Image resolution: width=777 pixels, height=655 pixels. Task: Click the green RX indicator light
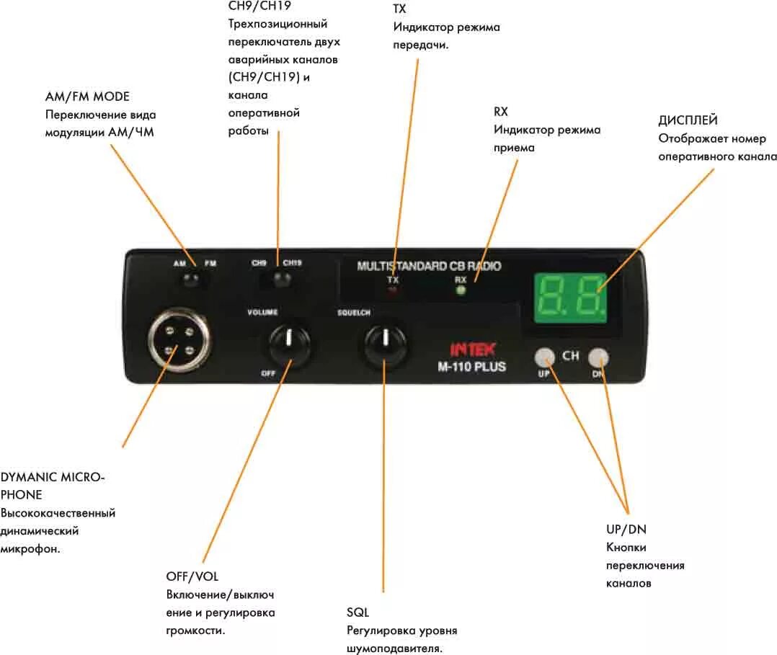tap(461, 290)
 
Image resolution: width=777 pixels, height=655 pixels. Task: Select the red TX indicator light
tap(393, 290)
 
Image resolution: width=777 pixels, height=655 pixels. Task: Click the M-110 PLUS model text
tap(471, 366)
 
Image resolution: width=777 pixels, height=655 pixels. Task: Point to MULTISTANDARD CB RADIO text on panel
tap(429, 266)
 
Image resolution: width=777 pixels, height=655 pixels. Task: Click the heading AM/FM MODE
tap(87, 97)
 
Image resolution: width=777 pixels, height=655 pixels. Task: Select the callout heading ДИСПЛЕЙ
tap(688, 120)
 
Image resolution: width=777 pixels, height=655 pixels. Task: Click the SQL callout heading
tap(358, 612)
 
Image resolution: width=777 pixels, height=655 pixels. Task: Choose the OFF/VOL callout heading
tap(192, 576)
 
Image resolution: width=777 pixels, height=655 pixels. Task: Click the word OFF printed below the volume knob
tap(268, 373)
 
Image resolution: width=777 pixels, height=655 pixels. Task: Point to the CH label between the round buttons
tap(571, 356)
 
